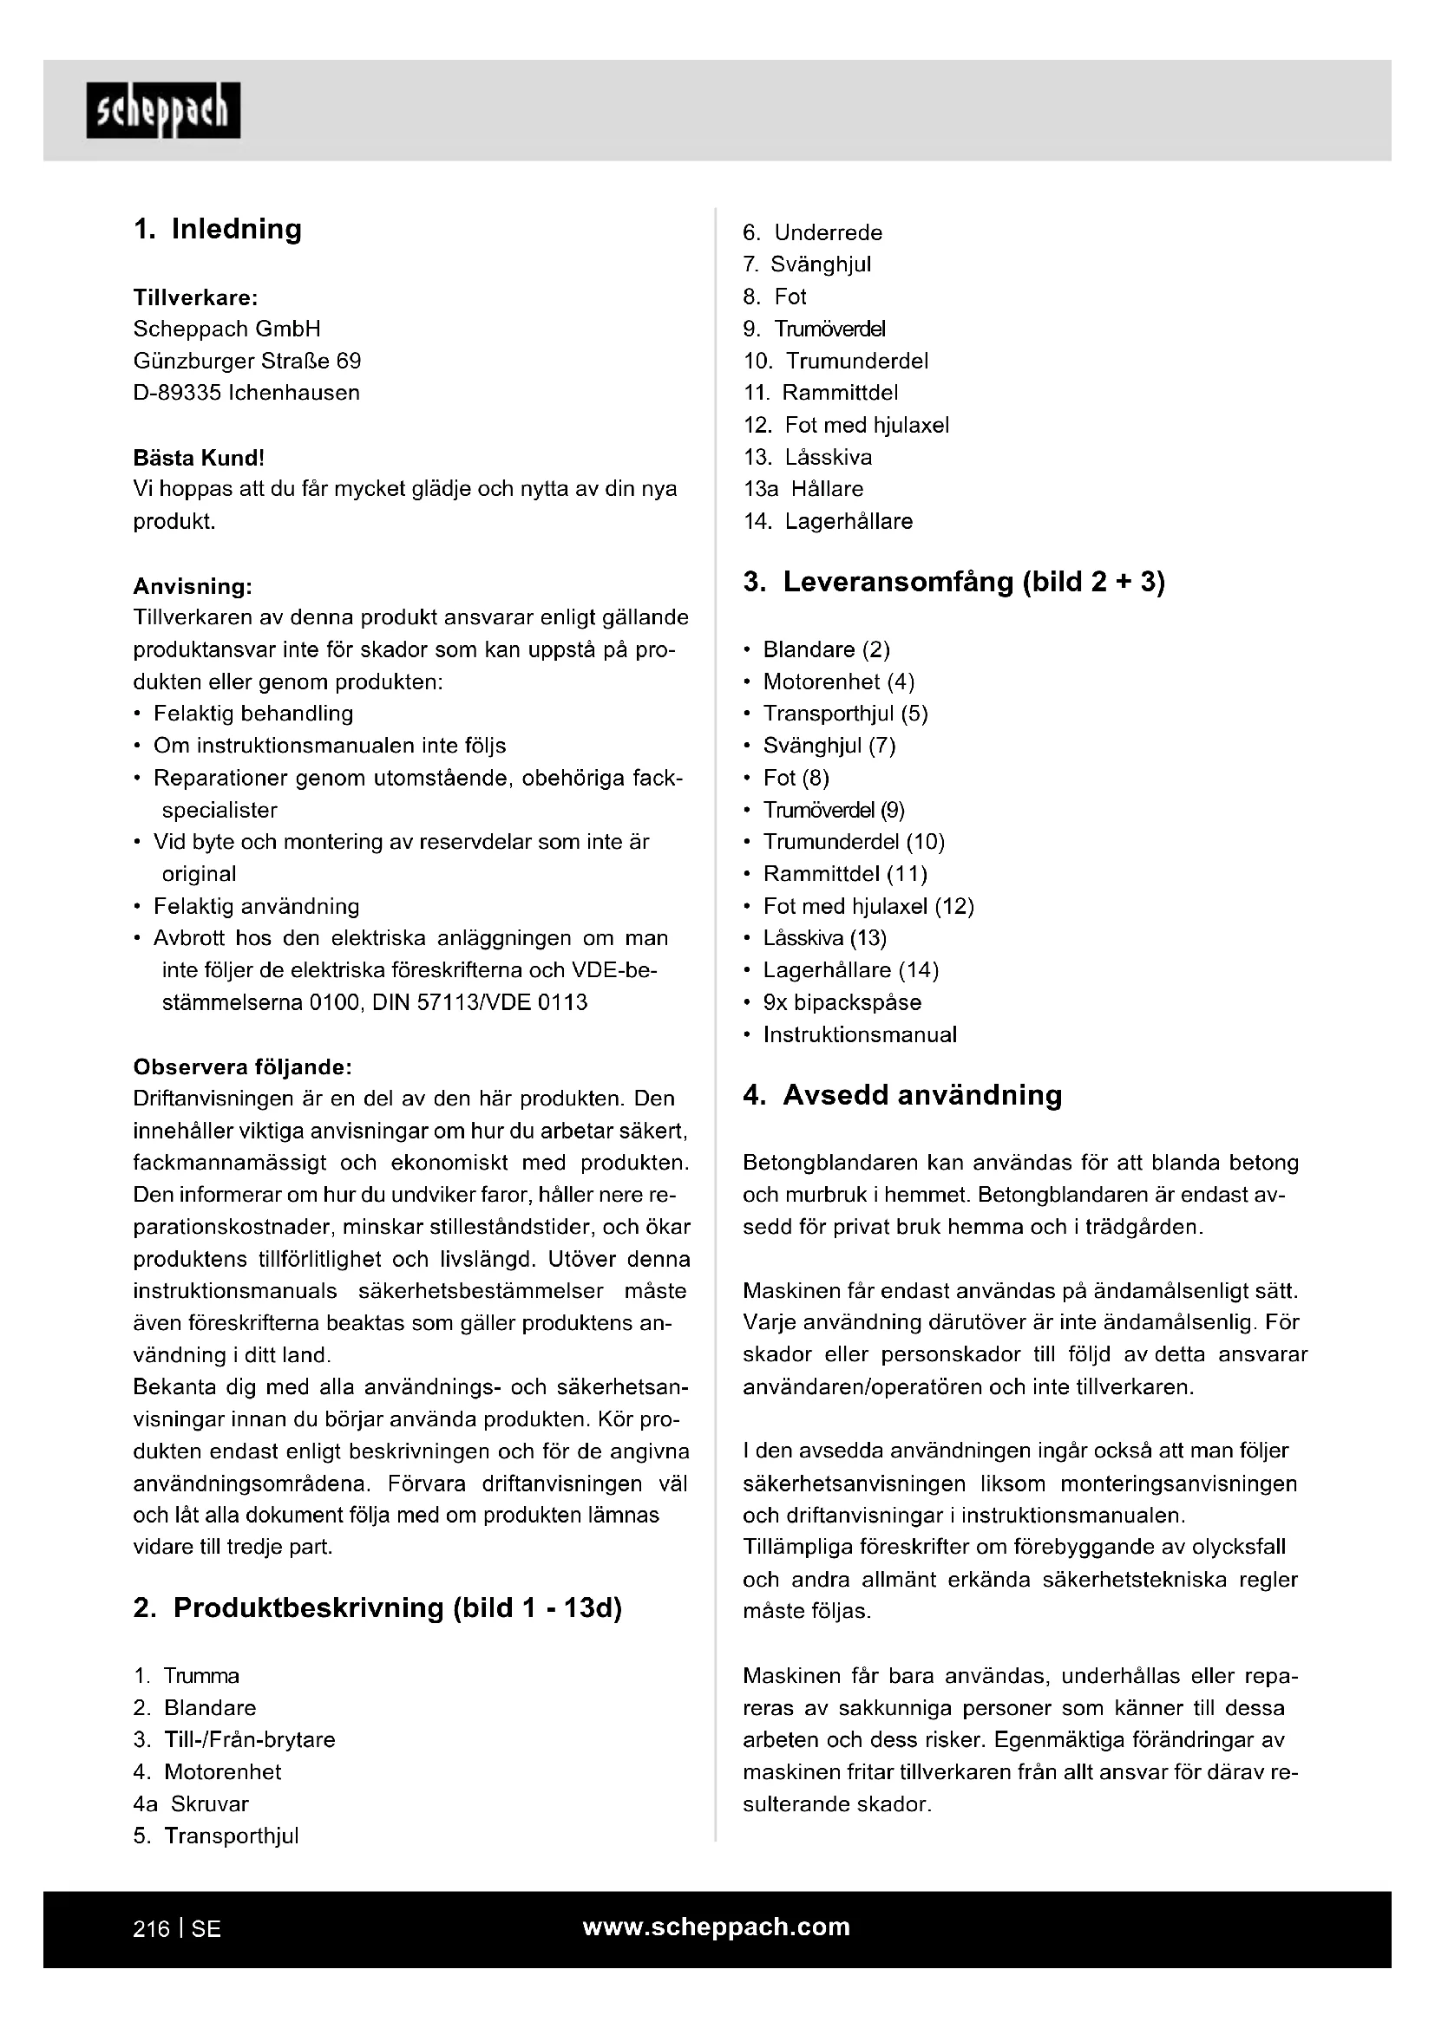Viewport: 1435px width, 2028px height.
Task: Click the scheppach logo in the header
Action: pyautogui.click(x=163, y=111)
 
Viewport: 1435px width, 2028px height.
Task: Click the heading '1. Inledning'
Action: pyautogui.click(x=218, y=229)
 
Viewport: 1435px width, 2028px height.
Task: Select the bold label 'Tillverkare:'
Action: pyautogui.click(x=195, y=297)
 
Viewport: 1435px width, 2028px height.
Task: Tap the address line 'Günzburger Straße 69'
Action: pyautogui.click(x=246, y=361)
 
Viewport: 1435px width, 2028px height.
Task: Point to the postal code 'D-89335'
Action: pyautogui.click(x=177, y=392)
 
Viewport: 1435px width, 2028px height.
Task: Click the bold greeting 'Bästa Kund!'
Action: pyautogui.click(x=199, y=458)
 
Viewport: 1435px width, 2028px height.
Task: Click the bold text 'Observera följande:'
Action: pyautogui.click(x=243, y=1067)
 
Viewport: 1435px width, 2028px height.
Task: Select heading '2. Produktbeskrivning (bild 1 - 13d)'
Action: pyautogui.click(x=377, y=1607)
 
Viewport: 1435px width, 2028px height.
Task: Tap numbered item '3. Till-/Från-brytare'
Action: pyautogui.click(x=234, y=1739)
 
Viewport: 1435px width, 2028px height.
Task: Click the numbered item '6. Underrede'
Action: pyautogui.click(x=812, y=232)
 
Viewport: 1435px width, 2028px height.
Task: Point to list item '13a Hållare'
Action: pyautogui.click(x=803, y=488)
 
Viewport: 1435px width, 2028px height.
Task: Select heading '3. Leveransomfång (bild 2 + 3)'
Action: pyautogui.click(x=953, y=582)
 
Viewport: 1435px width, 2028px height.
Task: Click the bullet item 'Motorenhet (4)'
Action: pyautogui.click(x=839, y=681)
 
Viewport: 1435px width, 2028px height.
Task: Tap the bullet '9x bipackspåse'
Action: pyautogui.click(x=842, y=1001)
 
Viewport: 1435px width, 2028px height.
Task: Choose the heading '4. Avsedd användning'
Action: pyautogui.click(x=902, y=1095)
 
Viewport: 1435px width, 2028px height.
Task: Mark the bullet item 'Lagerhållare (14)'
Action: pyautogui.click(x=851, y=970)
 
